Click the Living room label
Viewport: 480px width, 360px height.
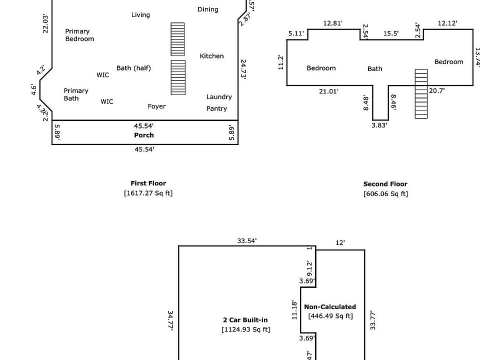point(140,15)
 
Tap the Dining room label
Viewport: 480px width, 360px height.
point(208,9)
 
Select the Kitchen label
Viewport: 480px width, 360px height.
point(212,56)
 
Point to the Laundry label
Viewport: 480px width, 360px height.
point(219,97)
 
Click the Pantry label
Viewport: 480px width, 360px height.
point(216,108)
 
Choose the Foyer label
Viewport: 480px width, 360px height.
point(156,106)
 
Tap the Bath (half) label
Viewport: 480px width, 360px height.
point(133,68)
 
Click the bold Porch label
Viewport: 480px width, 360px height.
point(144,135)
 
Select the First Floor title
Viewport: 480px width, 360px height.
point(148,183)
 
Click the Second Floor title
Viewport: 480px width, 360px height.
point(385,184)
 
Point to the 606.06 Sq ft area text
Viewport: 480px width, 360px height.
point(385,194)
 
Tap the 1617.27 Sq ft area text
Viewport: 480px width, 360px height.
point(148,193)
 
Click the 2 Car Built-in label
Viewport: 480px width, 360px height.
point(245,320)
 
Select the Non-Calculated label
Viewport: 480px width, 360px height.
point(330,307)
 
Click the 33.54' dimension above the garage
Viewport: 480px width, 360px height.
point(247,241)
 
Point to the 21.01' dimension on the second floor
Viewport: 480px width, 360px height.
point(328,91)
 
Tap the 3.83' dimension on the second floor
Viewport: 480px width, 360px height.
point(379,125)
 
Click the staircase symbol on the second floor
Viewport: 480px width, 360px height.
point(421,94)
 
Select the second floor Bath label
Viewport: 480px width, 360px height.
point(375,69)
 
